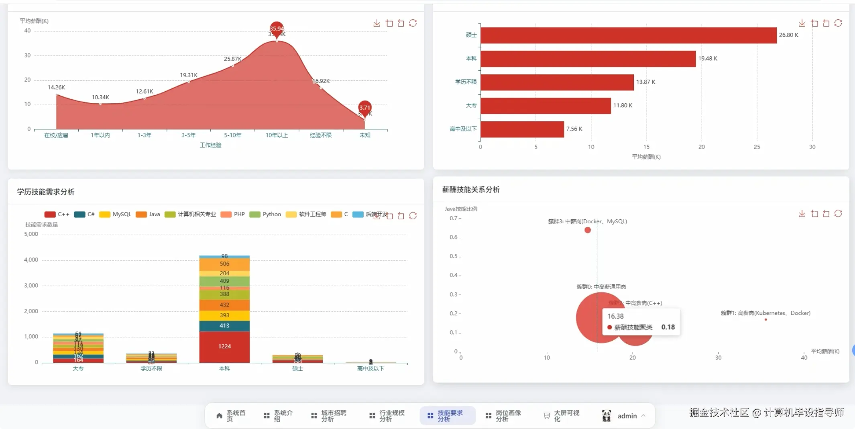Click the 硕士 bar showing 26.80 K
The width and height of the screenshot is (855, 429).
pos(628,35)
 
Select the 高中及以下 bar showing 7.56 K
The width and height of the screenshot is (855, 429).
pos(522,129)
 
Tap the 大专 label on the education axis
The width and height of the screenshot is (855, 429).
pos(471,106)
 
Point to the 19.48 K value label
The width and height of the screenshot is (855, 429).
pos(707,59)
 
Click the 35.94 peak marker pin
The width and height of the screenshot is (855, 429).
pos(277,29)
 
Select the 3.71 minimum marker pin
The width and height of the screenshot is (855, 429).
pos(364,108)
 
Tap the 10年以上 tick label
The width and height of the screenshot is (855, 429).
pos(277,135)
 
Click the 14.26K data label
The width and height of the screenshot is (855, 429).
pos(56,88)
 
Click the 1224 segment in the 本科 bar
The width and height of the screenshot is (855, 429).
pos(224,346)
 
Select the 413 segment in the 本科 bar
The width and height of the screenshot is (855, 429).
pos(224,326)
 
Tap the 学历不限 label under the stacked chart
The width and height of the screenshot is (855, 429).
pos(151,369)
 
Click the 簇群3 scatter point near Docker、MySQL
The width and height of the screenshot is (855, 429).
pos(588,230)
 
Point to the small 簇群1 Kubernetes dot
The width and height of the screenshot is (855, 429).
pos(766,320)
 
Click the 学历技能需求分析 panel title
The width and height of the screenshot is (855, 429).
pos(46,192)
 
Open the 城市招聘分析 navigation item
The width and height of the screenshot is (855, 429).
pos(329,416)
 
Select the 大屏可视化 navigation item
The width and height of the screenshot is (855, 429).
pos(562,416)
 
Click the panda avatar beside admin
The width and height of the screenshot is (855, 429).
pos(607,416)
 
